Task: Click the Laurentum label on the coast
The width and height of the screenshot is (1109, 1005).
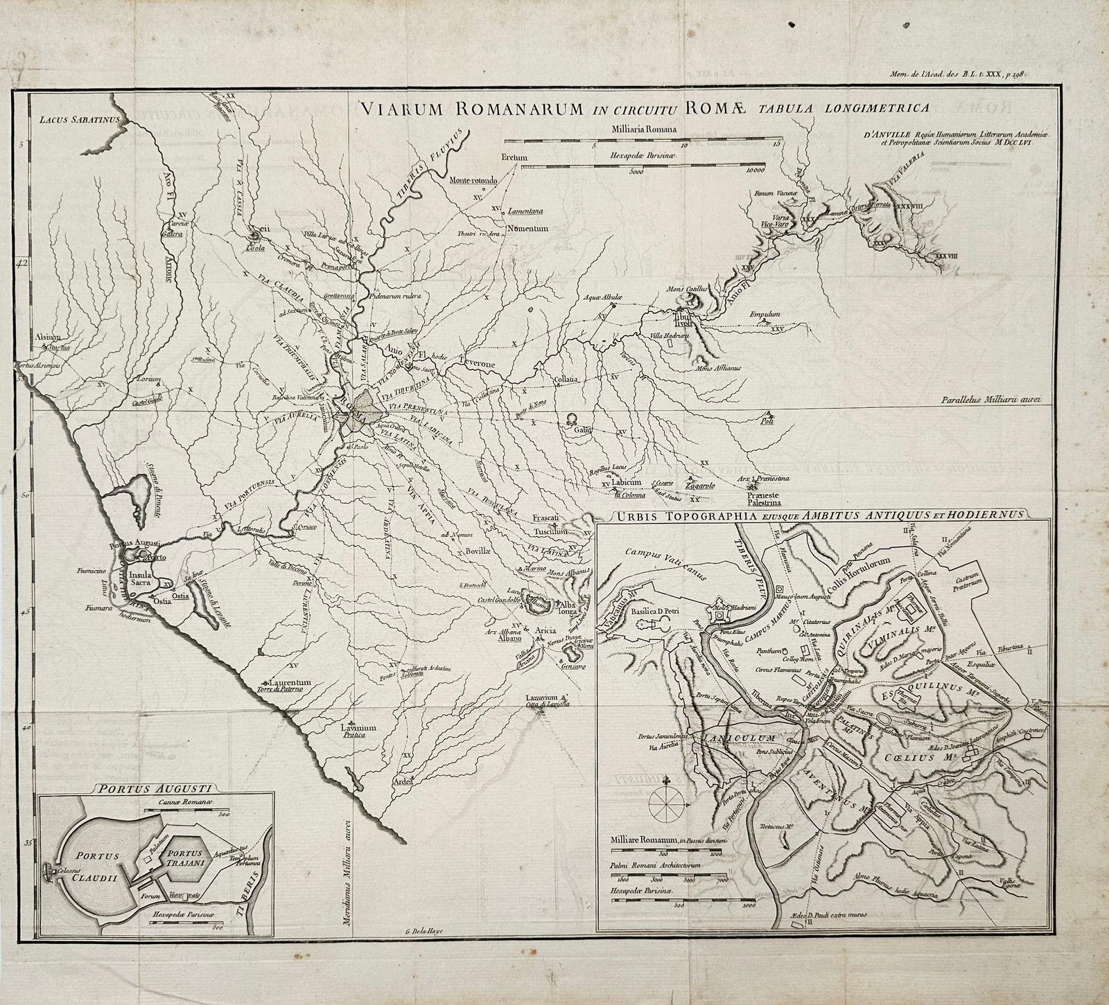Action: point(287,682)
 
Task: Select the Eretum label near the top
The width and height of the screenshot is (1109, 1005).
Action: point(514,158)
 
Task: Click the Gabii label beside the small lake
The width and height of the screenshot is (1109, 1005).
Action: point(581,430)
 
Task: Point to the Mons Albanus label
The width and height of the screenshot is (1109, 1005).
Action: point(570,572)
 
